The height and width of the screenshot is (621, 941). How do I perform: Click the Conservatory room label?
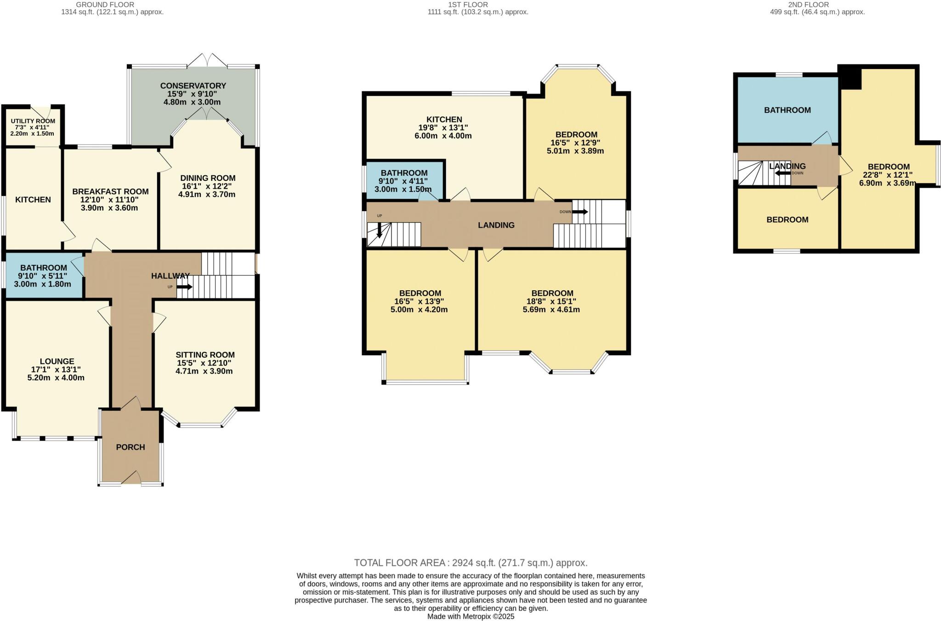coord(193,86)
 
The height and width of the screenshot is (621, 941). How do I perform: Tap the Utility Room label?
coord(33,121)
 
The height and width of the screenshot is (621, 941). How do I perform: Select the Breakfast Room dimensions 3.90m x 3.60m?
coord(109,208)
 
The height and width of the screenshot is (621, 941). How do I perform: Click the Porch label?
coord(130,447)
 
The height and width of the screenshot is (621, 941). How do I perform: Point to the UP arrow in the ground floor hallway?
coord(184,287)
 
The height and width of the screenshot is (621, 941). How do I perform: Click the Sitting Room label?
coord(205,355)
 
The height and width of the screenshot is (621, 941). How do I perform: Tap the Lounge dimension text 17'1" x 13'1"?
coord(56,370)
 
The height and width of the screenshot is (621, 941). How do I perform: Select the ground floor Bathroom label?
coord(44,268)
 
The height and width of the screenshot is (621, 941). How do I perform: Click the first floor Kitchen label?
coord(444,120)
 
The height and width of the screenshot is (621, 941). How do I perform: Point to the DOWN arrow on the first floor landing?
coord(579,212)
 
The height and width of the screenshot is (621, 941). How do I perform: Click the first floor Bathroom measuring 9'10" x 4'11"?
coord(404,181)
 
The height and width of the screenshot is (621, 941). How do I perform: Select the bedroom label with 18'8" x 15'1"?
coord(552,293)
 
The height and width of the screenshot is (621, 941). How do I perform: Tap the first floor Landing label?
coord(496,225)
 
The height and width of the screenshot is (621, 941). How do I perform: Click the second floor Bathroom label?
coord(787,110)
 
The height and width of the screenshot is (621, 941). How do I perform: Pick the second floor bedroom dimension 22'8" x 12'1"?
coord(888,175)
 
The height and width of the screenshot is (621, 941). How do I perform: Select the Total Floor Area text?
coord(470,563)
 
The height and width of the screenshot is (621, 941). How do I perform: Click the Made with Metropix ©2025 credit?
coord(470,616)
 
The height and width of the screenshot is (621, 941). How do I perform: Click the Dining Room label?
coord(208,178)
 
